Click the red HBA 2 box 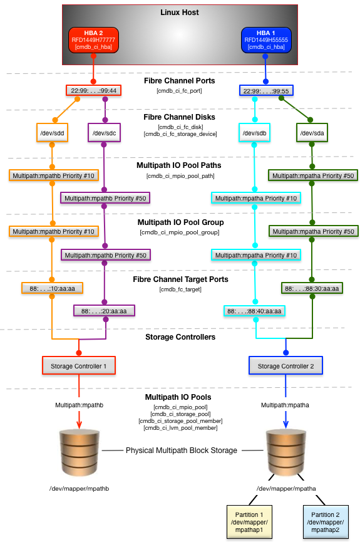[93, 39]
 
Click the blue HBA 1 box [266, 39]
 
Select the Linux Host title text [179, 13]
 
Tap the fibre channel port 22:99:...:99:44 [94, 91]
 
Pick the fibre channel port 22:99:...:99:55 [266, 91]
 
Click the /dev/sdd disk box [52, 133]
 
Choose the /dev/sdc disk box [104, 133]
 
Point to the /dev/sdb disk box [255, 133]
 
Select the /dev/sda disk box [312, 133]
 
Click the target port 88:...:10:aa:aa [52, 288]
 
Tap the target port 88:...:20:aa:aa [104, 311]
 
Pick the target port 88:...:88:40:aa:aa [254, 311]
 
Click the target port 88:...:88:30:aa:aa [312, 288]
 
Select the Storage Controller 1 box [79, 366]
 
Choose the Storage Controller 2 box [285, 366]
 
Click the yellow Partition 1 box [249, 522]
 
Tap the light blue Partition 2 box [326, 522]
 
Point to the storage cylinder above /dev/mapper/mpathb [80, 453]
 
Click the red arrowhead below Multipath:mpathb [79, 424]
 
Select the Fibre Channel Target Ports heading [180, 279]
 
